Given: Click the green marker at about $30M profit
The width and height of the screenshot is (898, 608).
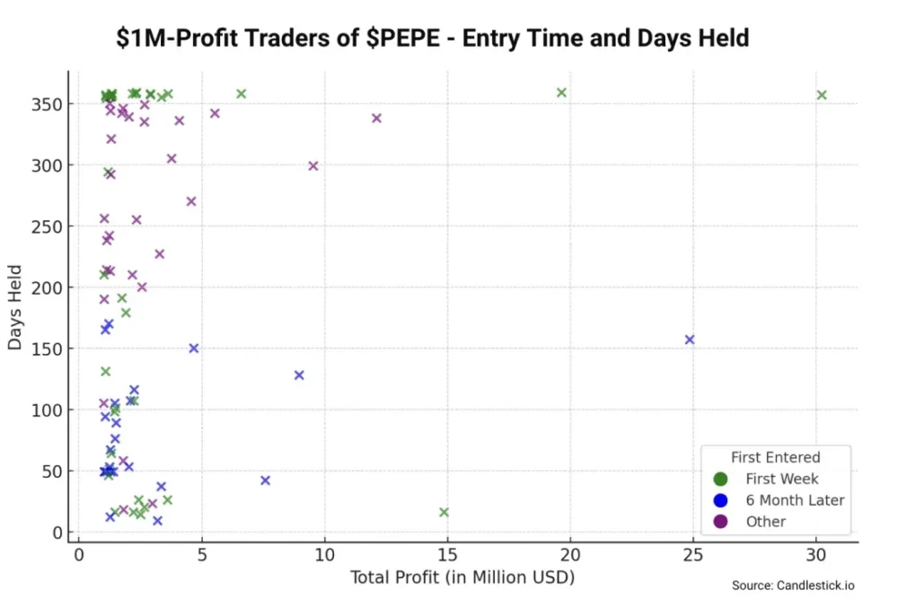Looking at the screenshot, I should (x=821, y=95).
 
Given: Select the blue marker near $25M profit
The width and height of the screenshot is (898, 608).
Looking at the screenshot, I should (x=690, y=339).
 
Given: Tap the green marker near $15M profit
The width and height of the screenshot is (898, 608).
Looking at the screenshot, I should (x=444, y=512).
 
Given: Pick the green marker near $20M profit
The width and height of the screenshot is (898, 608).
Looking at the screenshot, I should (x=561, y=93).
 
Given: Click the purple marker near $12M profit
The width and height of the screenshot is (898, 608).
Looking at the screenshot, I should (x=376, y=118).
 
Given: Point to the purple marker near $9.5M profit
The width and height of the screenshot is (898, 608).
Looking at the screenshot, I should (x=313, y=166).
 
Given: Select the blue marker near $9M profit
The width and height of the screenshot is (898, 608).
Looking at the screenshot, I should (x=299, y=375).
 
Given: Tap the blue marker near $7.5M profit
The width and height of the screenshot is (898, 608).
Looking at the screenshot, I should (x=265, y=480).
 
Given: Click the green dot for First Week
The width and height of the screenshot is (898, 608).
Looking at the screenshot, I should (x=720, y=479).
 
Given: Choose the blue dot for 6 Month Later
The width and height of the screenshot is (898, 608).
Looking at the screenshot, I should (x=720, y=500).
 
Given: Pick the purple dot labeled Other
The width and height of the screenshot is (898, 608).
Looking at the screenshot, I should (x=720, y=522).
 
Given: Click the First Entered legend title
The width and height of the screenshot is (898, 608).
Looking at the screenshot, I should (x=775, y=457).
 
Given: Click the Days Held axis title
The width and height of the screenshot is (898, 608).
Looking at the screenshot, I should (x=16, y=307).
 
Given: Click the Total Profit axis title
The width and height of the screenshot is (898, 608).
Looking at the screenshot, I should (x=462, y=577).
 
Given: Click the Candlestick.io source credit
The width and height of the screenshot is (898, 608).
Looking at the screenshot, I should (x=793, y=586).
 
